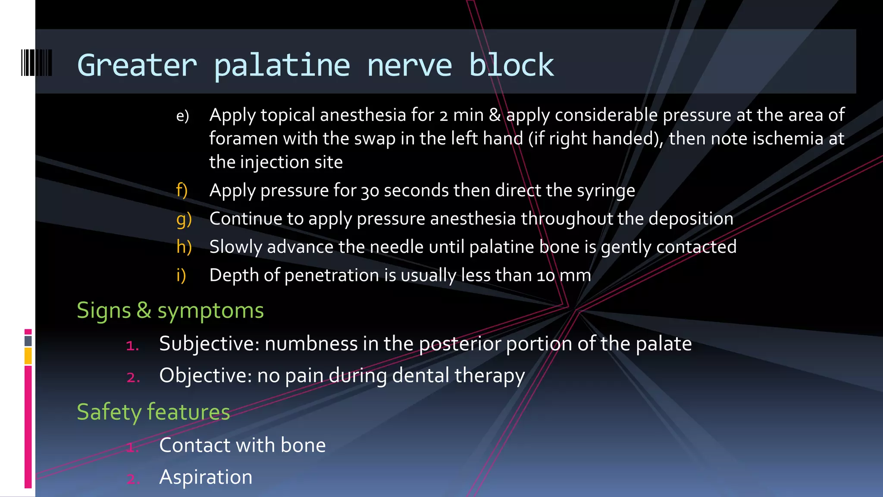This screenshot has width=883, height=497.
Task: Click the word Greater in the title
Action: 137,66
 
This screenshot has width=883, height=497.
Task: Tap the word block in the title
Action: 511,66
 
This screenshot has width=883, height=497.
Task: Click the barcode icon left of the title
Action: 37,63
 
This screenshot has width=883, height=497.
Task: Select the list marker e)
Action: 182,116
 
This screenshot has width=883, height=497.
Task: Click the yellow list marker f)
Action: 182,190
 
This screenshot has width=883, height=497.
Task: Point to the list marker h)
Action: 184,247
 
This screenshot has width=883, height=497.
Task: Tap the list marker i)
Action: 181,275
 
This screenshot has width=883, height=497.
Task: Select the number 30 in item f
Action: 369,191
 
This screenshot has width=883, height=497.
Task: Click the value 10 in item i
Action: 545,276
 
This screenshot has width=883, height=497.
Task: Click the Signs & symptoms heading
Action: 170,310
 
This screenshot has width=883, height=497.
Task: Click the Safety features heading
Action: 153,412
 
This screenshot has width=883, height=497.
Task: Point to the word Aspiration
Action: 206,477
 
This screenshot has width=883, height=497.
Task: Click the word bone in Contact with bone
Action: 303,445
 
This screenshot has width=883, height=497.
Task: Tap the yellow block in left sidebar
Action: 28,356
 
